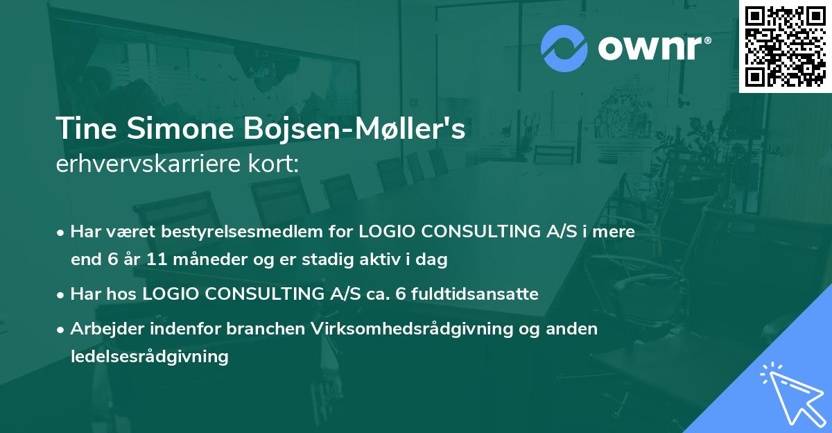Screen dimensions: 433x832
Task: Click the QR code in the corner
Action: point(785,46)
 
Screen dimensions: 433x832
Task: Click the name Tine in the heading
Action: point(85,129)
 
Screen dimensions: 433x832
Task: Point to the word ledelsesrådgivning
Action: point(149,357)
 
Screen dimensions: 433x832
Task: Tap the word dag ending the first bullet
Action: point(433,260)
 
